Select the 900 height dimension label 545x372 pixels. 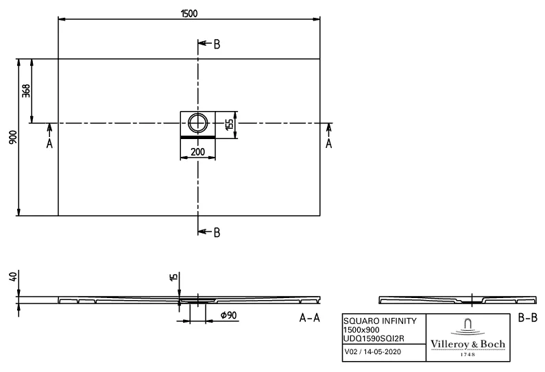[11, 137]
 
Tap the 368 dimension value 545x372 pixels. [26, 90]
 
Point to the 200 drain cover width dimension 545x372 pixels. [197, 151]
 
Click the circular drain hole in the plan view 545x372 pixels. [198, 123]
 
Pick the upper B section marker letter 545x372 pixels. [217, 45]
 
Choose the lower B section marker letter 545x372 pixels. [217, 232]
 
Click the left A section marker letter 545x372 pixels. [49, 143]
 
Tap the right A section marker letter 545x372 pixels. [328, 143]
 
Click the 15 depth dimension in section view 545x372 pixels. [173, 277]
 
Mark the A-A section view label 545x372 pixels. [311, 318]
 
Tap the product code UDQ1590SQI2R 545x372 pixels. [374, 338]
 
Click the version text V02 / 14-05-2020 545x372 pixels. [373, 352]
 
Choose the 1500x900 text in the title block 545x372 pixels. [360, 330]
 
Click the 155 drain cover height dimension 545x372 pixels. [229, 123]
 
